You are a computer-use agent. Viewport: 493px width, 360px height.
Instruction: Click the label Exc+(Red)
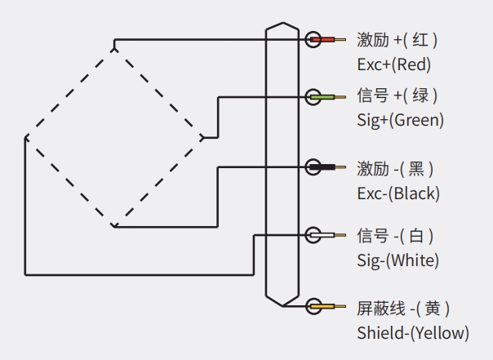393,64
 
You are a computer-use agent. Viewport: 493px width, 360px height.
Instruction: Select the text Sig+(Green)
400,121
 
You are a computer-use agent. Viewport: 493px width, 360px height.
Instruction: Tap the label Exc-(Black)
398,193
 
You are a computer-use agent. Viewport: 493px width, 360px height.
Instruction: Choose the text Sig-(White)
398,260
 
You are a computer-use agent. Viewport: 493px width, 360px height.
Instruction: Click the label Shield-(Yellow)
413,332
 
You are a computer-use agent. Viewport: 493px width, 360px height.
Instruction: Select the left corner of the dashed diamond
25,136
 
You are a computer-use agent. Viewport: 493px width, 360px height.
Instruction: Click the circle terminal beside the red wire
313,39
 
